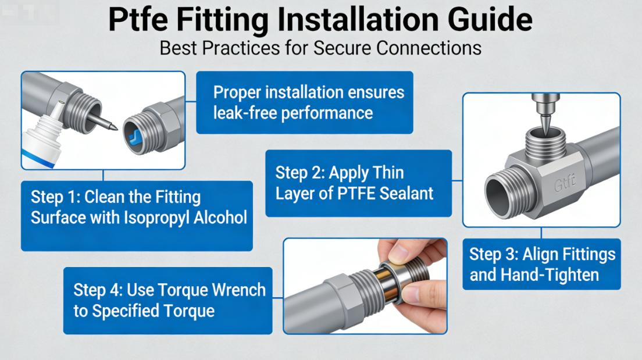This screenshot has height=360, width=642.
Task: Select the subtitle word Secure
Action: (342, 47)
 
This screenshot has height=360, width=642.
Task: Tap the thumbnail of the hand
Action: (401, 252)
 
